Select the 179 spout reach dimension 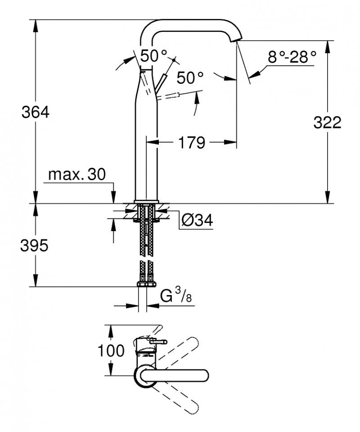click(x=191, y=143)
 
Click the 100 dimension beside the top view click(x=110, y=350)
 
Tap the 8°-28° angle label click(x=292, y=57)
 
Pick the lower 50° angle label click(x=189, y=77)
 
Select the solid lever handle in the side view click(x=161, y=84)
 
